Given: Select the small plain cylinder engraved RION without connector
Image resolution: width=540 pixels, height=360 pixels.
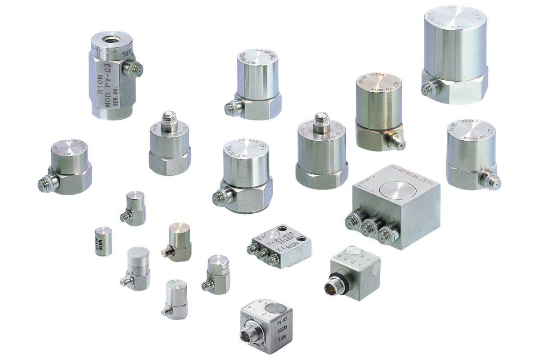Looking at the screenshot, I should pos(103,241).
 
